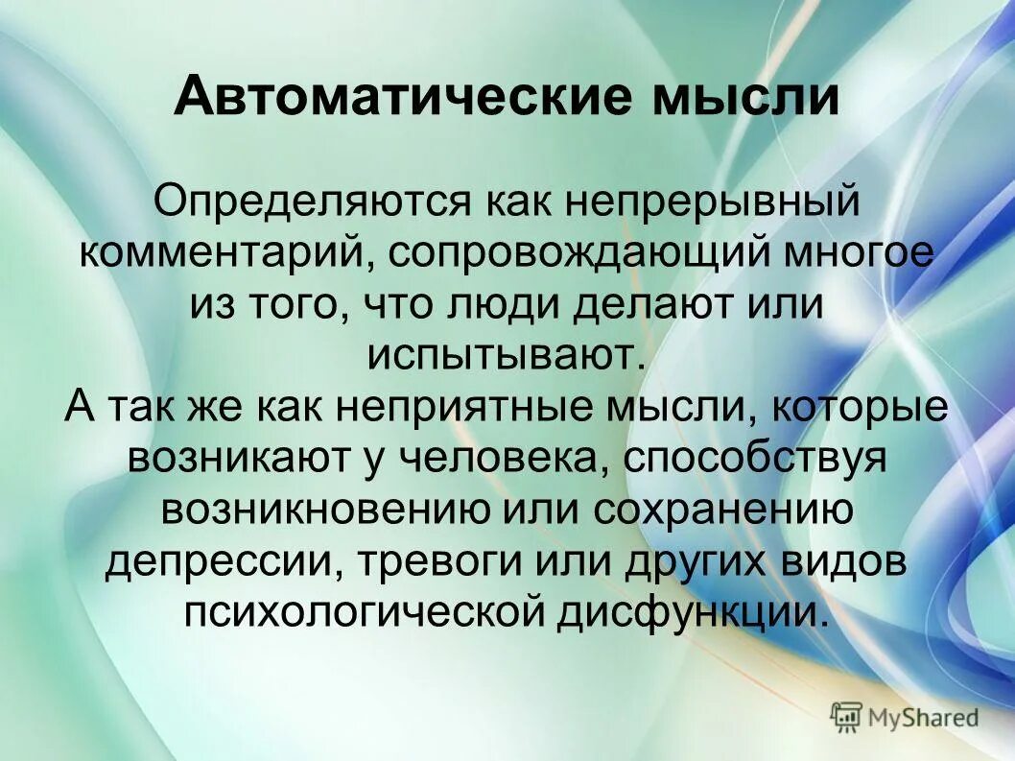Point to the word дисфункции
691,610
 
